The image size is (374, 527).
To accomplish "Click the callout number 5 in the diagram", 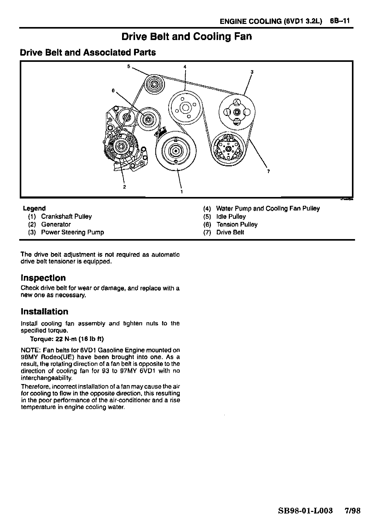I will pyautogui.click(x=129, y=66).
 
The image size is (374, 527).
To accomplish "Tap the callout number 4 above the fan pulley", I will pyautogui.click(x=185, y=67).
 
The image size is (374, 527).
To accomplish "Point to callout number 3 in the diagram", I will pyautogui.click(x=252, y=72).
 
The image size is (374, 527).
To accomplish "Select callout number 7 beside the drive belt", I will pyautogui.click(x=268, y=171).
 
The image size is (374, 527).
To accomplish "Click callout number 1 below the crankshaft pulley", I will pyautogui.click(x=182, y=192).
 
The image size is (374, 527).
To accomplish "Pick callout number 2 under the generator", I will pyautogui.click(x=124, y=187).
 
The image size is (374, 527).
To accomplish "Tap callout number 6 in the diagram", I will pyautogui.click(x=113, y=90).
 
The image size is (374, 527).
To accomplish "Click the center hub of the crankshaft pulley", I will pyautogui.click(x=176, y=151).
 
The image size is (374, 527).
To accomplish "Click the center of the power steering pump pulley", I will pyautogui.click(x=236, y=112).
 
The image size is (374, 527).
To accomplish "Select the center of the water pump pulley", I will pyautogui.click(x=185, y=108).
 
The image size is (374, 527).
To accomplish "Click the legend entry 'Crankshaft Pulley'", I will pyautogui.click(x=66, y=216).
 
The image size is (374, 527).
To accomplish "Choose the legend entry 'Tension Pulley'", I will pyautogui.click(x=237, y=225).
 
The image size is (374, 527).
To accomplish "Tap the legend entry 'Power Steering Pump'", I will pyautogui.click(x=72, y=232).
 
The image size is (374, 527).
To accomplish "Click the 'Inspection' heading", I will pyautogui.click(x=43, y=278).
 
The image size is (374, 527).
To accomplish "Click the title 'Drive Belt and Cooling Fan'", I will pyautogui.click(x=187, y=37).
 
